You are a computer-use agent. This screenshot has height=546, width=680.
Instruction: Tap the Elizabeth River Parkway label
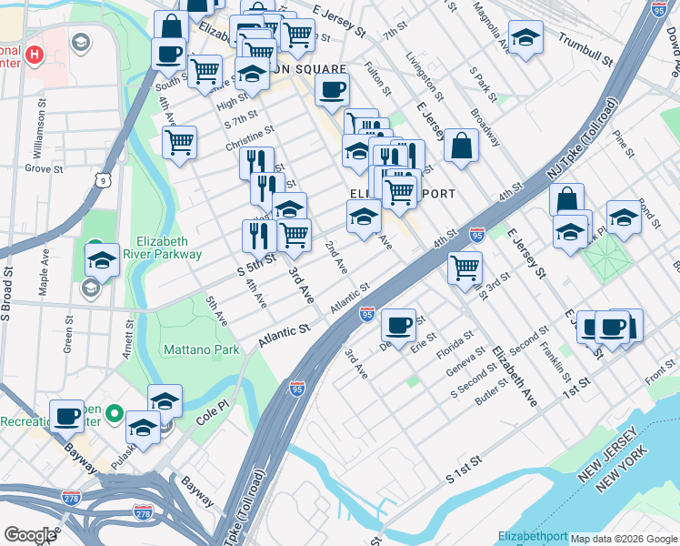(x=168, y=248)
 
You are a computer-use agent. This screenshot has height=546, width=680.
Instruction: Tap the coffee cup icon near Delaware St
(x=398, y=325)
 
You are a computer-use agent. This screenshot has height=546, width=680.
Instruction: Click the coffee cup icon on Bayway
(x=66, y=416)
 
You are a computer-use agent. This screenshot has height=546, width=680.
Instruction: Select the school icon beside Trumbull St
(x=525, y=38)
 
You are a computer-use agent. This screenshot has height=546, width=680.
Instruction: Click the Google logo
(x=30, y=535)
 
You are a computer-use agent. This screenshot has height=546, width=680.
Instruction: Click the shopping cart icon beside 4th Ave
(x=180, y=141)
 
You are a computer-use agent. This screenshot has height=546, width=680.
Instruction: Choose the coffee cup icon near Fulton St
(x=332, y=89)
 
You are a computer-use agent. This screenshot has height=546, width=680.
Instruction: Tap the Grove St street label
(x=42, y=168)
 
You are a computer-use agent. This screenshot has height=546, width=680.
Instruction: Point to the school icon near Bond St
(x=624, y=217)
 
